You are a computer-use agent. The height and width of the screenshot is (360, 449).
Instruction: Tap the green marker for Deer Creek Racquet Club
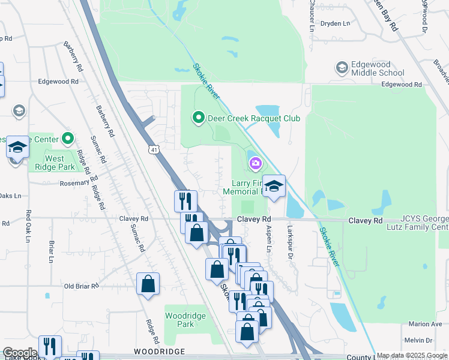[x=198, y=118]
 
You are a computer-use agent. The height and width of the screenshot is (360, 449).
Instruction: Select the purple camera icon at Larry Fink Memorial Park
[x=256, y=163]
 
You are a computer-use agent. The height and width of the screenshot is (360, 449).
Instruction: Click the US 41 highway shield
[x=155, y=148]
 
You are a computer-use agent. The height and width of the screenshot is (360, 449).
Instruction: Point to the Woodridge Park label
[x=185, y=320]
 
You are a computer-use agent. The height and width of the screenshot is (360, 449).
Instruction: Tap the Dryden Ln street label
[x=335, y=23]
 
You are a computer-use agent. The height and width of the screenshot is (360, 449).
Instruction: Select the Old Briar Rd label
[x=81, y=286]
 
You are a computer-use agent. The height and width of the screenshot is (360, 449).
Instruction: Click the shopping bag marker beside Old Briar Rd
[x=148, y=284]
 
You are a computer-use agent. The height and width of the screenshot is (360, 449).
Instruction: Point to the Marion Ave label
[x=425, y=324]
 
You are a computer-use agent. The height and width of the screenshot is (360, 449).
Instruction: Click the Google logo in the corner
[x=20, y=353]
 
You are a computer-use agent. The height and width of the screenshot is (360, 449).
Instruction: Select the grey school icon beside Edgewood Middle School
[x=342, y=67]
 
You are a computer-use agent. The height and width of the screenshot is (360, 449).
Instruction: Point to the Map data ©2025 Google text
[x=412, y=356]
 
